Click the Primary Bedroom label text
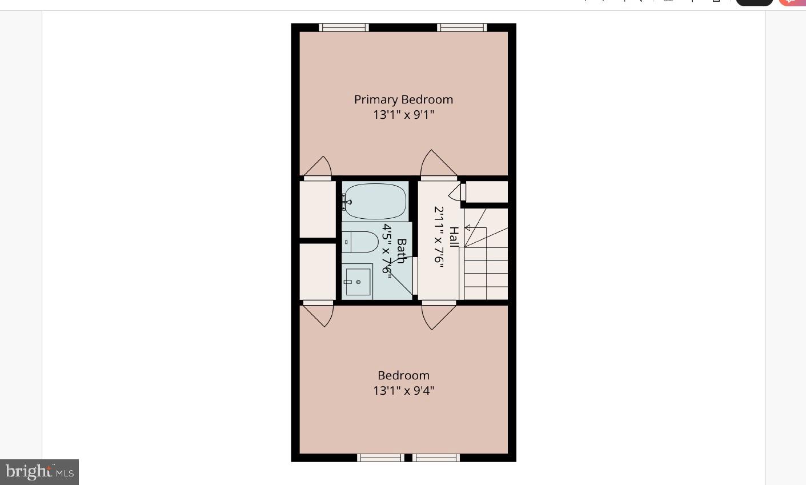(403, 99)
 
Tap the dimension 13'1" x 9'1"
(403, 115)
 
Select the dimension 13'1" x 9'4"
(403, 391)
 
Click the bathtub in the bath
(375, 201)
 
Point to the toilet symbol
(360, 242)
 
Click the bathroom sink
(358, 282)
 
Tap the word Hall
(454, 237)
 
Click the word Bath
(401, 251)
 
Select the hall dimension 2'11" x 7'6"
(439, 237)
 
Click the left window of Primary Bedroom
(343, 27)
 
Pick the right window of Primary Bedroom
(462, 27)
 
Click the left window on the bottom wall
(380, 458)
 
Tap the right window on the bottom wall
(436, 458)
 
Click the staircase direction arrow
(468, 227)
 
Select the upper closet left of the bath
(318, 209)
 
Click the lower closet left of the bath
(318, 271)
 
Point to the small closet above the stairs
(487, 192)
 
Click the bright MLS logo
(39, 472)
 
